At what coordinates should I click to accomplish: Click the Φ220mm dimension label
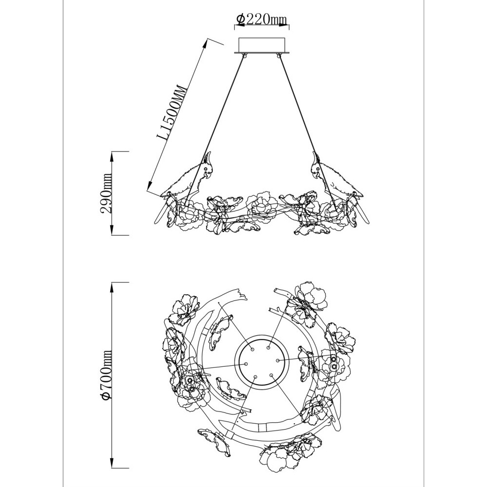pos(261,19)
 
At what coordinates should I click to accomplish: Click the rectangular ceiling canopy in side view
pos(262,45)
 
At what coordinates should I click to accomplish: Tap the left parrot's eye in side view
pos(206,169)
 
